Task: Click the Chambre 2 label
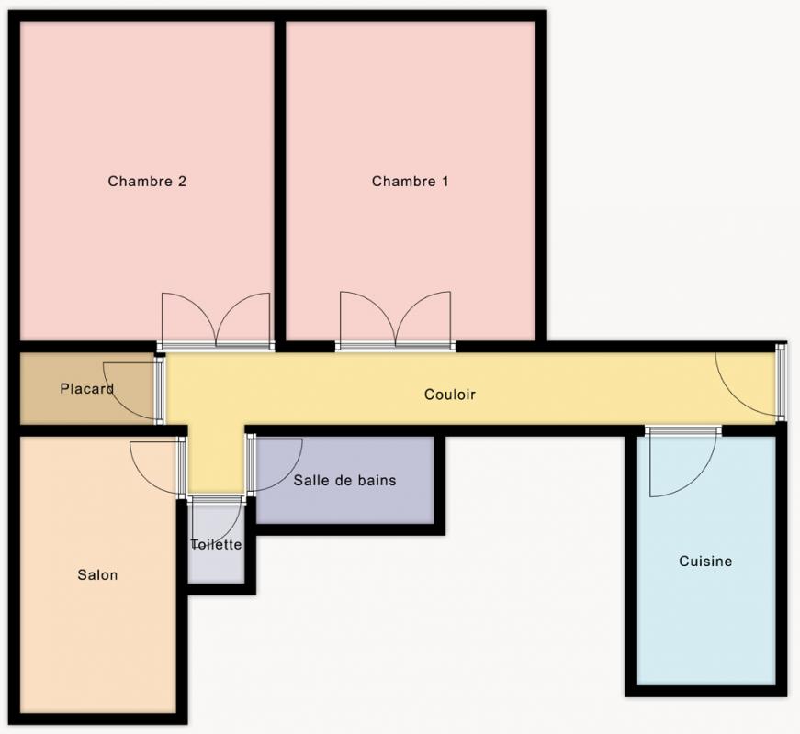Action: (x=147, y=181)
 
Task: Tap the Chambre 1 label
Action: (x=411, y=181)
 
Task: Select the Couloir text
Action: (x=449, y=394)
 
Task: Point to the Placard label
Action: (x=86, y=388)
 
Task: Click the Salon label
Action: (x=97, y=575)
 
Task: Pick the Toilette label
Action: (x=216, y=544)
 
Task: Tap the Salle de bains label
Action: (x=345, y=480)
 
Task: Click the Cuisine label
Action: (x=705, y=562)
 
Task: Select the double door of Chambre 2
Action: (x=215, y=322)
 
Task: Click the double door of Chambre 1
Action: (x=396, y=321)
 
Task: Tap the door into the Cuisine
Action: (x=683, y=461)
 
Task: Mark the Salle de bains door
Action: (x=275, y=464)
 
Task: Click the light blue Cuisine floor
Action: (x=705, y=602)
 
